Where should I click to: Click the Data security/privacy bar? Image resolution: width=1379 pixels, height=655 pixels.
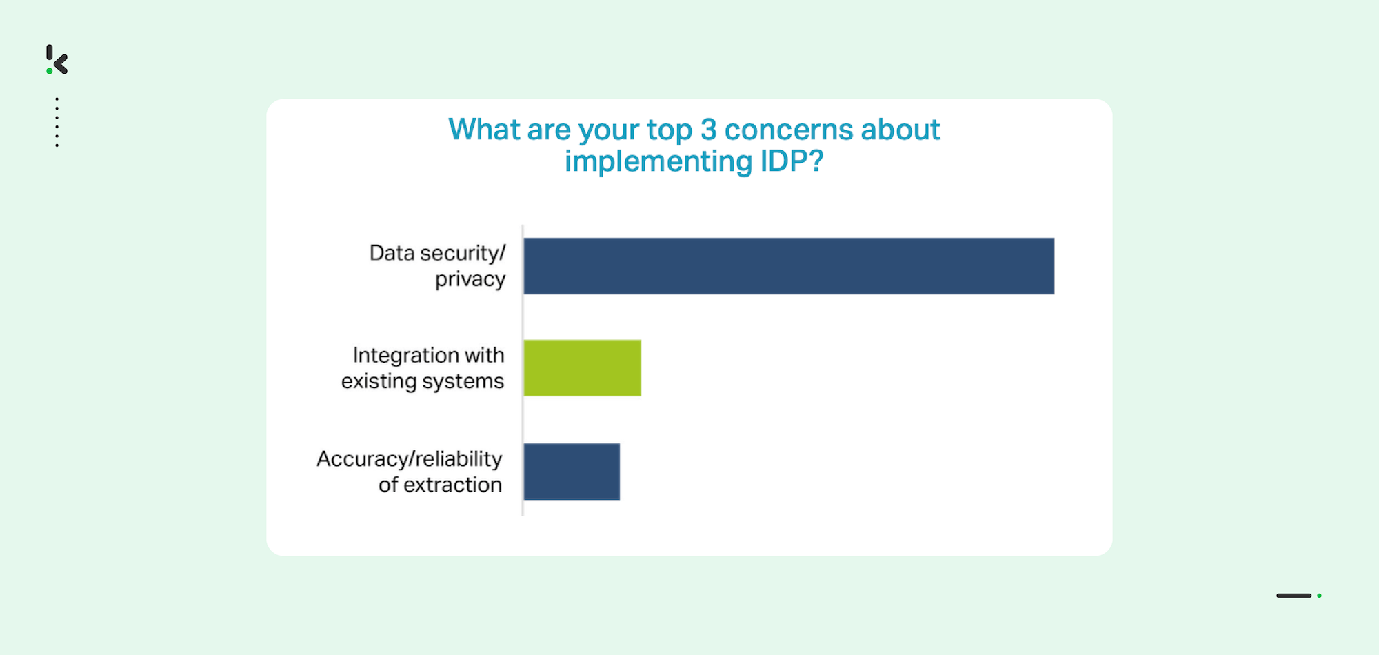point(789,266)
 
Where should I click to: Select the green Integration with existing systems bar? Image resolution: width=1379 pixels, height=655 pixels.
point(583,367)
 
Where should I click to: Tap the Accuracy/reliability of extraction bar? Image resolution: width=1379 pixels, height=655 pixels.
point(572,472)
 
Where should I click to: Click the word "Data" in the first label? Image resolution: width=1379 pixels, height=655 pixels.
point(392,253)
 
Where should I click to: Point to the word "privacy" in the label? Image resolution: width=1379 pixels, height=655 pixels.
point(470,280)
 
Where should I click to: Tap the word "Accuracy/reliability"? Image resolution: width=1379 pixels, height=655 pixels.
point(410,459)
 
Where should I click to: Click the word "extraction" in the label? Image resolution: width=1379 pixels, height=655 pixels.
point(452,485)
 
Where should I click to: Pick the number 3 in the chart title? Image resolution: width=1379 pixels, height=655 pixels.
point(709,130)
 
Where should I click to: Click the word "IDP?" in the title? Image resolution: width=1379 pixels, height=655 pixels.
point(792,161)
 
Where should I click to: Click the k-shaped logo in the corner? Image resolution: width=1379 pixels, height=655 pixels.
point(57,59)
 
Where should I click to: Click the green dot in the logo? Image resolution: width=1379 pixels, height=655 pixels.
point(49,71)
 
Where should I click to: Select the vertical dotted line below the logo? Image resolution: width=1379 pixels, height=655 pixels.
point(57,122)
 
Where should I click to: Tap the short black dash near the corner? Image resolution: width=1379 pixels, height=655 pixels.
point(1294,596)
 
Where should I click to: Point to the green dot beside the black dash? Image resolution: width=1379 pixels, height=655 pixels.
point(1319,596)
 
